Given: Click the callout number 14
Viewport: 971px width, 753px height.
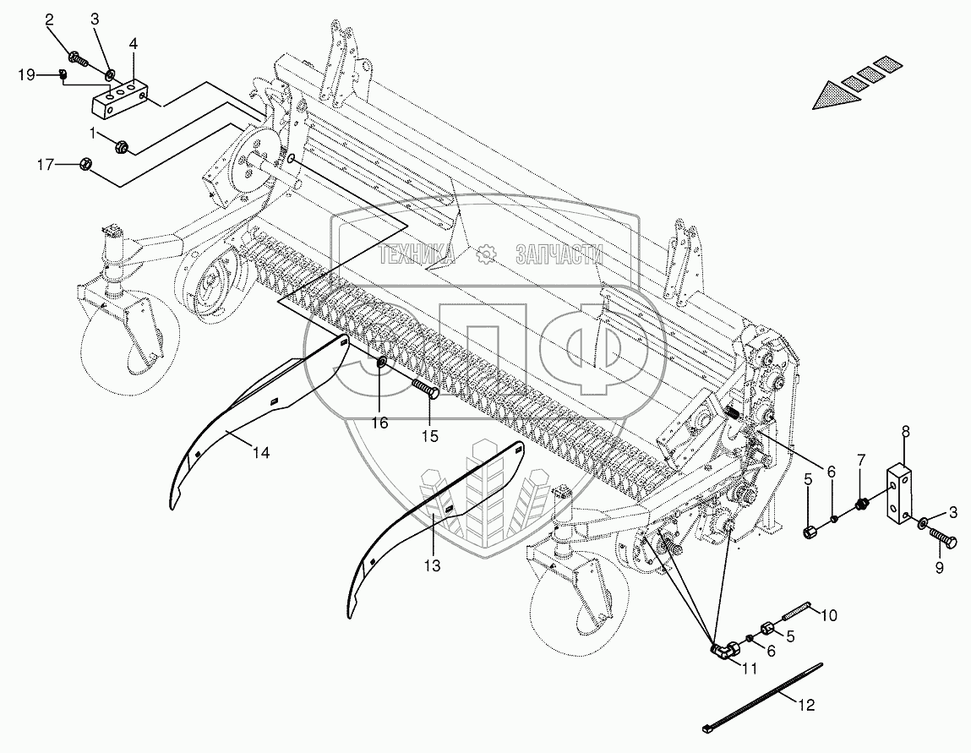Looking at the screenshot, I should (x=260, y=454).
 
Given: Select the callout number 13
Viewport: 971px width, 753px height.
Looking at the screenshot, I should (x=433, y=565).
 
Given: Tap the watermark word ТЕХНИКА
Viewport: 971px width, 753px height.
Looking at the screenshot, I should (x=417, y=254).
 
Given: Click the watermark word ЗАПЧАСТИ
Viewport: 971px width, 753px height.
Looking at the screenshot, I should (x=559, y=254).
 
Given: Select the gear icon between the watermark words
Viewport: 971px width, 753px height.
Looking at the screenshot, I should (x=486, y=254).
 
